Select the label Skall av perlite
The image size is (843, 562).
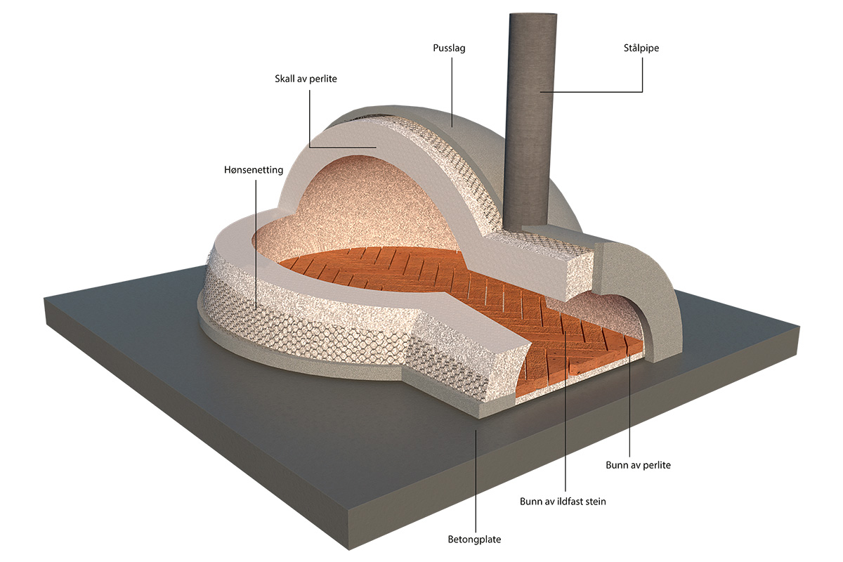pyautogui.click(x=306, y=79)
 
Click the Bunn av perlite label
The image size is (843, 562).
pyautogui.click(x=638, y=464)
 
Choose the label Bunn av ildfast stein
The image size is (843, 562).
pyautogui.click(x=563, y=501)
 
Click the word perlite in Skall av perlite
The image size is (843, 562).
pyautogui.click(x=322, y=79)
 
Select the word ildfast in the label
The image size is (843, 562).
pyautogui.click(x=569, y=501)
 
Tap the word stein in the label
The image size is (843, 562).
pyautogui.click(x=594, y=501)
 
